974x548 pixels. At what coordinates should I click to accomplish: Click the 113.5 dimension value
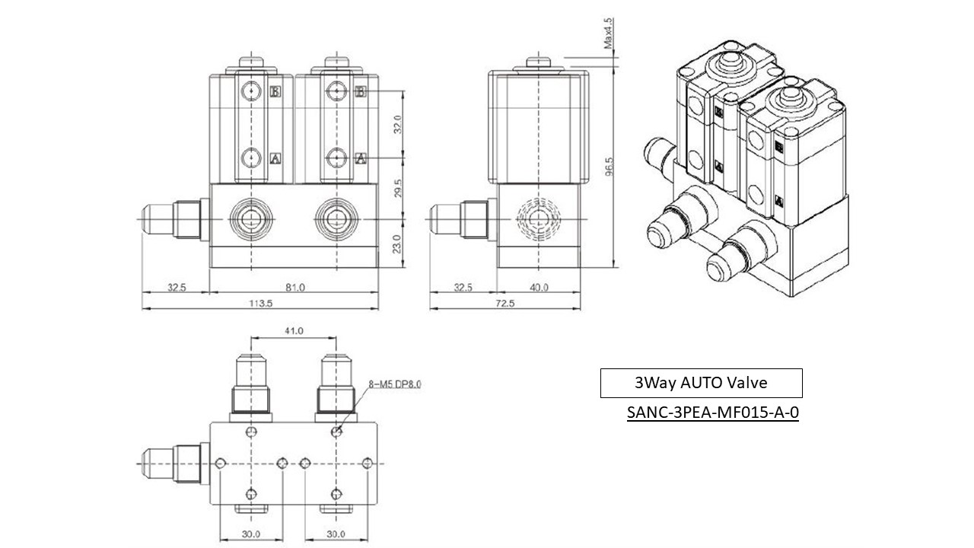260,302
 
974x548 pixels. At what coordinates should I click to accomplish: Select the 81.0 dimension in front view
294,287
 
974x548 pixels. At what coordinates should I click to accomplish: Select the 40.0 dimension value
539,287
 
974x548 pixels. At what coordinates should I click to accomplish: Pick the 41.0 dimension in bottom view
294,331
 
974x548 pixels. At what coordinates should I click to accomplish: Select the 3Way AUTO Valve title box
701,383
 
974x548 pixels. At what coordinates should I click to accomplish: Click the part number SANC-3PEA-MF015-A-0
712,414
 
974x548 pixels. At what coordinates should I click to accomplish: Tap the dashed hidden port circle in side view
539,219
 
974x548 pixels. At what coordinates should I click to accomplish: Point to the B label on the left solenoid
275,91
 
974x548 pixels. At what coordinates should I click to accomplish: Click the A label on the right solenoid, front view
362,158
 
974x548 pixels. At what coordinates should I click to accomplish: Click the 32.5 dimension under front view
177,287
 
